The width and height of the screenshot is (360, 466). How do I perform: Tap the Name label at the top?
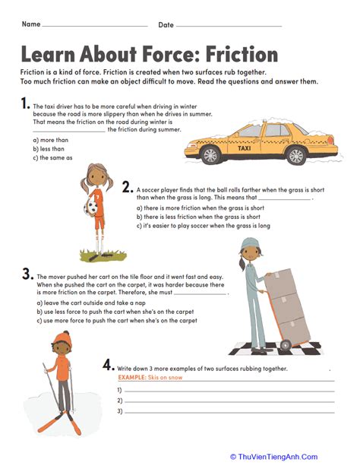point(31,24)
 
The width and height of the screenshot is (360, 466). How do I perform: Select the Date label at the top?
point(166,25)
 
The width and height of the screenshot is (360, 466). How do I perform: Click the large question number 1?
point(26,103)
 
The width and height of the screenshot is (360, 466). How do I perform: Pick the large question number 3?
point(27,274)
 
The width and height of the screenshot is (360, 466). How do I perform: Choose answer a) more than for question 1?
point(49,140)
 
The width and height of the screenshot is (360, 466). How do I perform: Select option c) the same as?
point(52,157)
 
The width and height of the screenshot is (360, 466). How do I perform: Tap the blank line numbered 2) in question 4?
point(228,401)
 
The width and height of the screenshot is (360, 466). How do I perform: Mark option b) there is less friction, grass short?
point(198,217)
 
